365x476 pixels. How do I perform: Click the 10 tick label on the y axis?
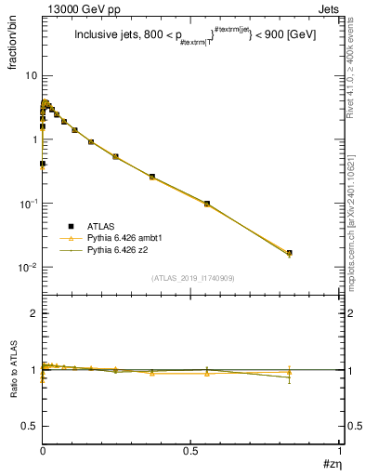tap(31, 75)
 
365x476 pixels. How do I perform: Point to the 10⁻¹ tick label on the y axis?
tap(28, 204)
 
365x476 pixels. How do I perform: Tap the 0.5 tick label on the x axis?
tap(190, 451)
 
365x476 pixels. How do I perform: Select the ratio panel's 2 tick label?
tap(33, 314)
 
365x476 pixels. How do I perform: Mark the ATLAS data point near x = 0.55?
tap(207, 203)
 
